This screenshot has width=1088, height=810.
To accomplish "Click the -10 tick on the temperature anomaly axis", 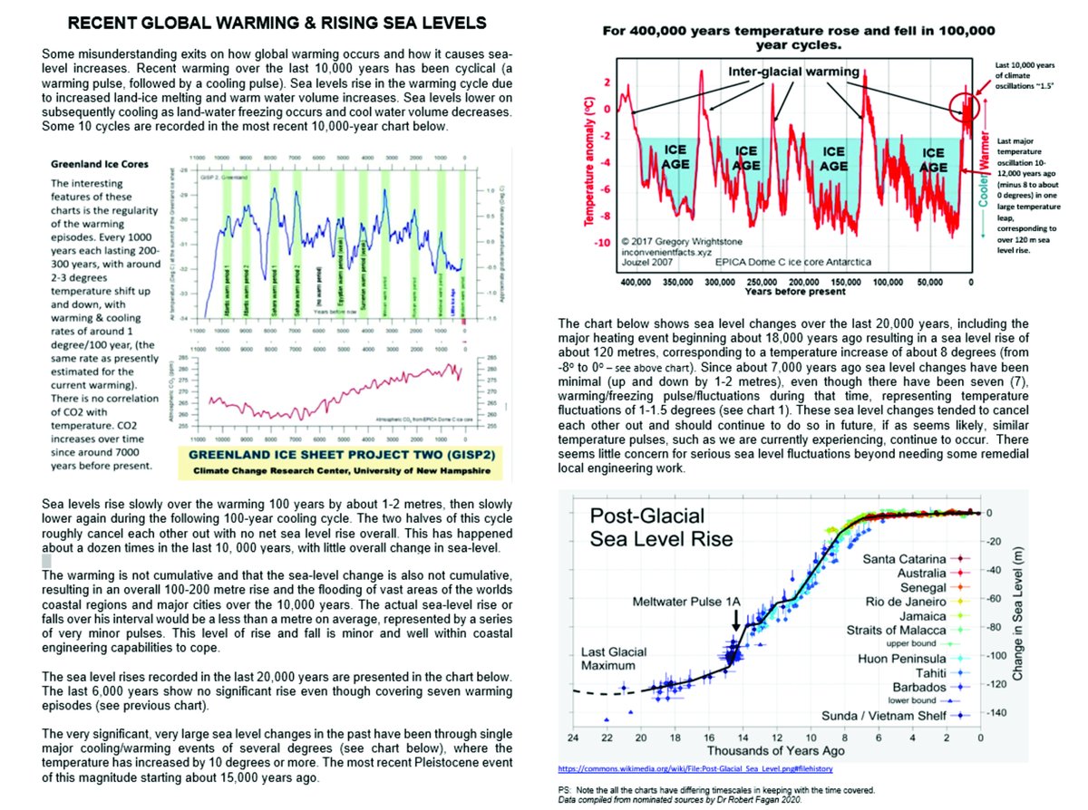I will click(x=602, y=244).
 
